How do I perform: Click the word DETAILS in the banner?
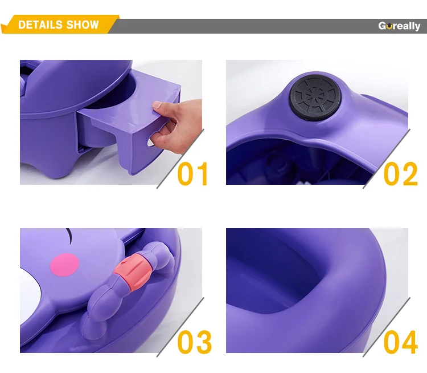40,25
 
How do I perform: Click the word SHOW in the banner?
82,25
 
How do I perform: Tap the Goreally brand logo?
399,26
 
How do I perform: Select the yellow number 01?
192,174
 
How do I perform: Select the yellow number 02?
401,174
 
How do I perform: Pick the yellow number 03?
195,342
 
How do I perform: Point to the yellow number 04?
401,342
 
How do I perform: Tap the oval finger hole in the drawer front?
151,142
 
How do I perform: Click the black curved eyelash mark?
69,234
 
